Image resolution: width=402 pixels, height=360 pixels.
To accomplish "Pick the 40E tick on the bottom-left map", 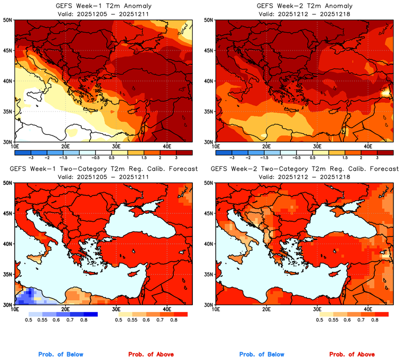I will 167,309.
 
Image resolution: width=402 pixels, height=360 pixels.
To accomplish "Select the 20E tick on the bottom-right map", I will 266,309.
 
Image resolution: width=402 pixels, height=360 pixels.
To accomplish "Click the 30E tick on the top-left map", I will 116,147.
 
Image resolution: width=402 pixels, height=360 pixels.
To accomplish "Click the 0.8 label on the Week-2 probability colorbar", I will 374,321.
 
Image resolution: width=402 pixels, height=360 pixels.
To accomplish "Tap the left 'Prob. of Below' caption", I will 60,355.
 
